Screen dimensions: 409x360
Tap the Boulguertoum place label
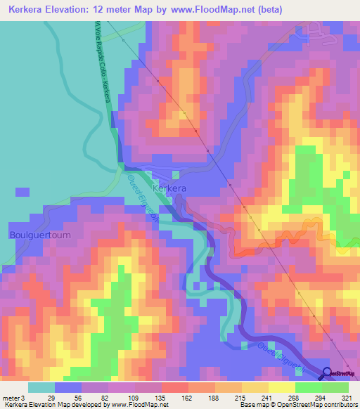click(40, 235)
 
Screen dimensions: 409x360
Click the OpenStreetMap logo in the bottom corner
click(342, 374)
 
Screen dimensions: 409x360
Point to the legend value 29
click(51, 397)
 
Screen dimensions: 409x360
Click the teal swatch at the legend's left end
click(41, 387)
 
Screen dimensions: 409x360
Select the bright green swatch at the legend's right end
click(335, 387)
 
